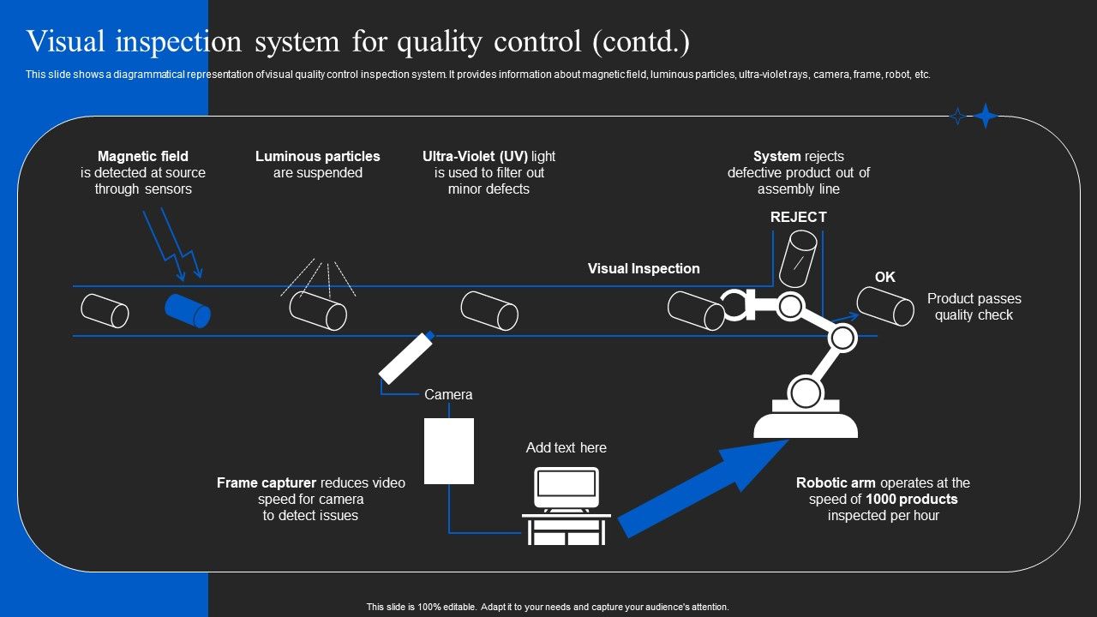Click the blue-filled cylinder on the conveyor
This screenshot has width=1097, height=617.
(188, 310)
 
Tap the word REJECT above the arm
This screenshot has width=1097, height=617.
(798, 217)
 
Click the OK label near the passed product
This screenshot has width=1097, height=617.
(884, 277)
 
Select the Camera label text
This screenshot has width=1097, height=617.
(448, 395)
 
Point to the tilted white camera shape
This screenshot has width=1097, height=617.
(406, 357)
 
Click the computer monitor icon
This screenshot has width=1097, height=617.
(566, 488)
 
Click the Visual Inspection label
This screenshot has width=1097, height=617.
(644, 268)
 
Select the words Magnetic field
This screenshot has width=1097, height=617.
(143, 156)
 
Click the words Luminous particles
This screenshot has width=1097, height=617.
(317, 156)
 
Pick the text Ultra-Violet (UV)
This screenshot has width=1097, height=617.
(475, 156)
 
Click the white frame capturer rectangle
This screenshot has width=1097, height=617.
(449, 451)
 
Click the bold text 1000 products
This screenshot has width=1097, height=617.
(912, 499)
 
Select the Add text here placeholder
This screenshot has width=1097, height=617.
(566, 447)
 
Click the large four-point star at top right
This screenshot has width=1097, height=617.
(986, 116)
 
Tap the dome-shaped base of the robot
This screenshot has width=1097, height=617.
(806, 423)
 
